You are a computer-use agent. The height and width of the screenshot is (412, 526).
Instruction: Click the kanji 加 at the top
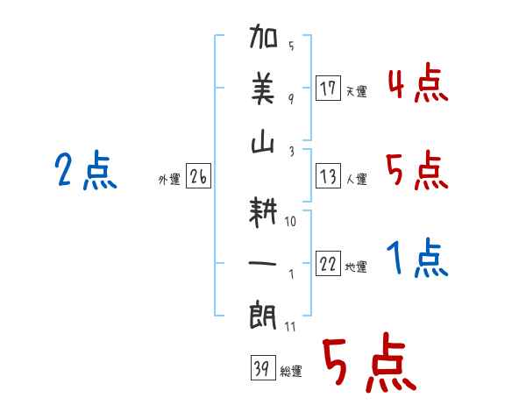click(263, 36)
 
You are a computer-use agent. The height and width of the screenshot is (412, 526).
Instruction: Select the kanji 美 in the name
click(263, 89)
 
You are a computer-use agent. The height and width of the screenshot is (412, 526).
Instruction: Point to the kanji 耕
click(263, 211)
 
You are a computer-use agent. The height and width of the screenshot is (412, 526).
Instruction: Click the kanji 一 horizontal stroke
click(262, 263)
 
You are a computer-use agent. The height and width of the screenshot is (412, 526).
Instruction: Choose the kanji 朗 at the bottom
click(263, 316)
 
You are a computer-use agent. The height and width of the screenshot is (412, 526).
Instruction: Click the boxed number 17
click(328, 88)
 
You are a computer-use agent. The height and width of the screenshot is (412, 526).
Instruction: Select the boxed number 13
click(328, 176)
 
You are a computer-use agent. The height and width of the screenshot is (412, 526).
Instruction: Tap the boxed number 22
click(328, 264)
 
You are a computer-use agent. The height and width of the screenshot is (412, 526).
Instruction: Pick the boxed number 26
click(198, 176)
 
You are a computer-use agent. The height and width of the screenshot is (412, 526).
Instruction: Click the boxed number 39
click(263, 367)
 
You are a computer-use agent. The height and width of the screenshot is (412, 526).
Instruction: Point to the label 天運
click(357, 91)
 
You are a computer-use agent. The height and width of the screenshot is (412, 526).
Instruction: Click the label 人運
click(357, 179)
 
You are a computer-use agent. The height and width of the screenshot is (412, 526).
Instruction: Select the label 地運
click(356, 267)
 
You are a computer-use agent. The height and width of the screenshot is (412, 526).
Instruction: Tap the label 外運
click(169, 180)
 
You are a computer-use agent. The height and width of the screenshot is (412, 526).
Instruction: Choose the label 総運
click(291, 372)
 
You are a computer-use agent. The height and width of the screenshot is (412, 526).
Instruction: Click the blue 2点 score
click(86, 170)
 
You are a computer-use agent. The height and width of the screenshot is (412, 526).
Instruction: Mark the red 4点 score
click(418, 82)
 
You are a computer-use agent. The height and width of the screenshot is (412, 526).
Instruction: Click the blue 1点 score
click(417, 258)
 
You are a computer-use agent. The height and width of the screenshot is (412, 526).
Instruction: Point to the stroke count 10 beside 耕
click(290, 221)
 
